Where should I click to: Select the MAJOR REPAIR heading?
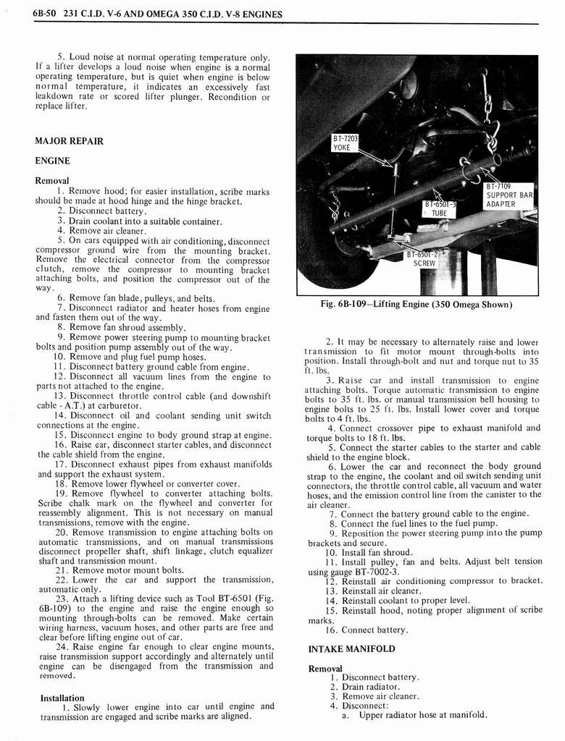[x=69, y=140]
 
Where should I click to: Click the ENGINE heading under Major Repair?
[x=52, y=161]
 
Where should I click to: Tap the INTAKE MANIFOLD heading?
[x=351, y=649]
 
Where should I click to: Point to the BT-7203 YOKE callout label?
[x=346, y=143]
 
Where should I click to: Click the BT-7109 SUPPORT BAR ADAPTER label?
[x=509, y=195]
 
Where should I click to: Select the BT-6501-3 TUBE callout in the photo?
[x=440, y=208]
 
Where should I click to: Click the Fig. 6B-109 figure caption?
[x=416, y=305]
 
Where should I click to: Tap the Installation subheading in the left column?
[x=62, y=698]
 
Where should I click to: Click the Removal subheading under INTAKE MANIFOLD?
[x=325, y=669]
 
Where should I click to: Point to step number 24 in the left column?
[x=62, y=647]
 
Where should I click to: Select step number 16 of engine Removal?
[x=62, y=445]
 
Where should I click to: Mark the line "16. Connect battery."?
[x=369, y=630]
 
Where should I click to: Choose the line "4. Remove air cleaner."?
[x=101, y=232]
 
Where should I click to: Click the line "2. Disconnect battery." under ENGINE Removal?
[x=101, y=211]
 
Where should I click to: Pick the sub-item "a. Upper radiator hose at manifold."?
[x=414, y=716]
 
